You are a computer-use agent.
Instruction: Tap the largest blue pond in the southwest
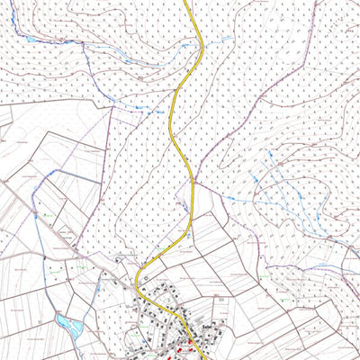[65, 321]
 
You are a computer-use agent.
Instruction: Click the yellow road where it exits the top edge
[186, 3]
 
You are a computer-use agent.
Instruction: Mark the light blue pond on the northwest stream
[31, 40]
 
